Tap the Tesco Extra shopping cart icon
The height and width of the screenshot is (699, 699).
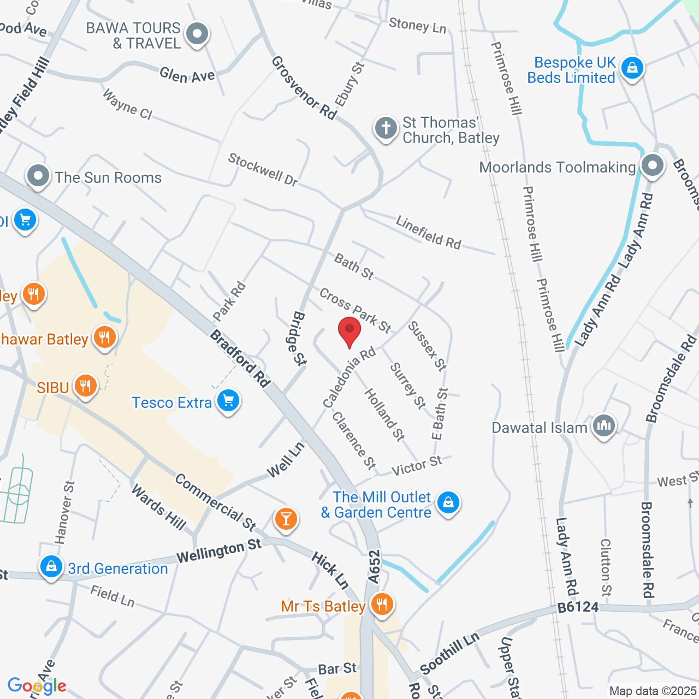(x=228, y=401)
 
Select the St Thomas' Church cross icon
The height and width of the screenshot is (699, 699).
(x=386, y=129)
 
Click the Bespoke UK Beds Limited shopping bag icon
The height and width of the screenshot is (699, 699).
(x=632, y=68)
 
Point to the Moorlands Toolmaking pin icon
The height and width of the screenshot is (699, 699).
(x=651, y=165)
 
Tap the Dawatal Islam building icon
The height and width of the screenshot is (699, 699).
(x=603, y=425)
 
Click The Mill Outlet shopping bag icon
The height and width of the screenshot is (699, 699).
(x=448, y=502)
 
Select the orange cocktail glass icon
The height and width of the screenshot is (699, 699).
(x=286, y=518)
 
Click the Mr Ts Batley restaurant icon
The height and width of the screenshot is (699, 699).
(x=382, y=604)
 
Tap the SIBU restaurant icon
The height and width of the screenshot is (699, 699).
(x=85, y=386)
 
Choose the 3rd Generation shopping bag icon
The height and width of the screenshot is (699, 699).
(x=51, y=567)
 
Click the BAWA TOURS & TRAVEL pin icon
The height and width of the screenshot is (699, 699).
(x=197, y=34)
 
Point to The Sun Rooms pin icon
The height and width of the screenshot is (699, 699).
(x=38, y=176)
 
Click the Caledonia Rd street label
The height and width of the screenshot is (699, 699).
(x=349, y=377)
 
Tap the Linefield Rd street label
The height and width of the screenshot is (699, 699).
(x=429, y=233)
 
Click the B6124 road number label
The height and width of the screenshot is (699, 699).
(x=578, y=607)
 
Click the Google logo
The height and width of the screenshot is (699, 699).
(x=37, y=686)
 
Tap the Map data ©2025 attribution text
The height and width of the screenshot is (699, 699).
(x=653, y=691)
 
